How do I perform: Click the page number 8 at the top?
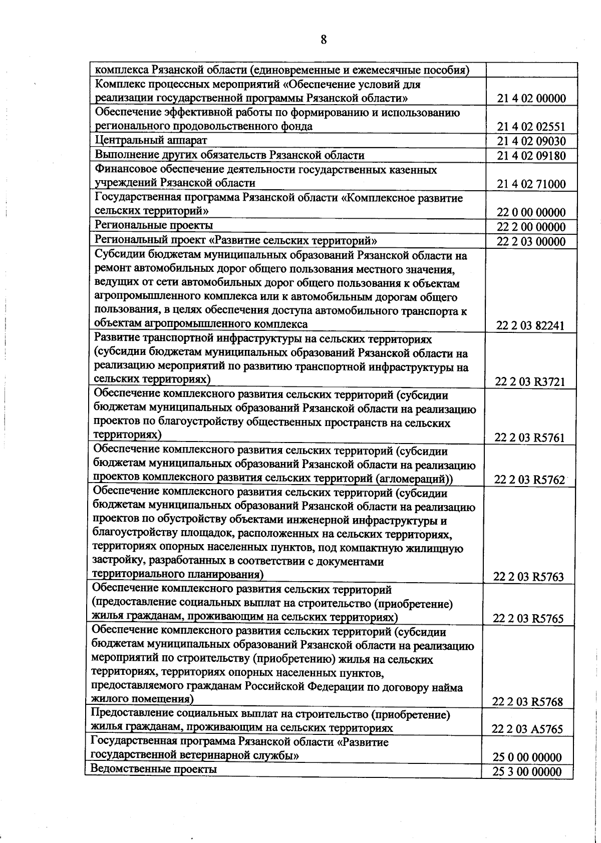(324, 40)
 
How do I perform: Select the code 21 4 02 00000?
(531, 99)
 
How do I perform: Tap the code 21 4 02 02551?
(531, 127)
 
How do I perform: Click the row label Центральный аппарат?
(151, 140)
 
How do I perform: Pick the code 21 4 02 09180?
(531, 156)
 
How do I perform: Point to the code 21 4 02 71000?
(531, 184)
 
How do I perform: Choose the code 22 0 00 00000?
(531, 212)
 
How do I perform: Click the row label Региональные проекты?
(154, 225)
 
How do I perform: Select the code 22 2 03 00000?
(531, 242)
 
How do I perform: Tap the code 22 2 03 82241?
(530, 326)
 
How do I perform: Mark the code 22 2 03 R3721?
(530, 382)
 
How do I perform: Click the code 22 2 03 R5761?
(529, 438)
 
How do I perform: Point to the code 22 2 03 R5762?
(529, 480)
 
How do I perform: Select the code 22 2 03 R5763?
(528, 577)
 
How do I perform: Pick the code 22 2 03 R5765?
(528, 619)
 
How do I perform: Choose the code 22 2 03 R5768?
(527, 702)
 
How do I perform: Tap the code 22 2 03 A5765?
(527, 729)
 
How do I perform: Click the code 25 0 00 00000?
(527, 757)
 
